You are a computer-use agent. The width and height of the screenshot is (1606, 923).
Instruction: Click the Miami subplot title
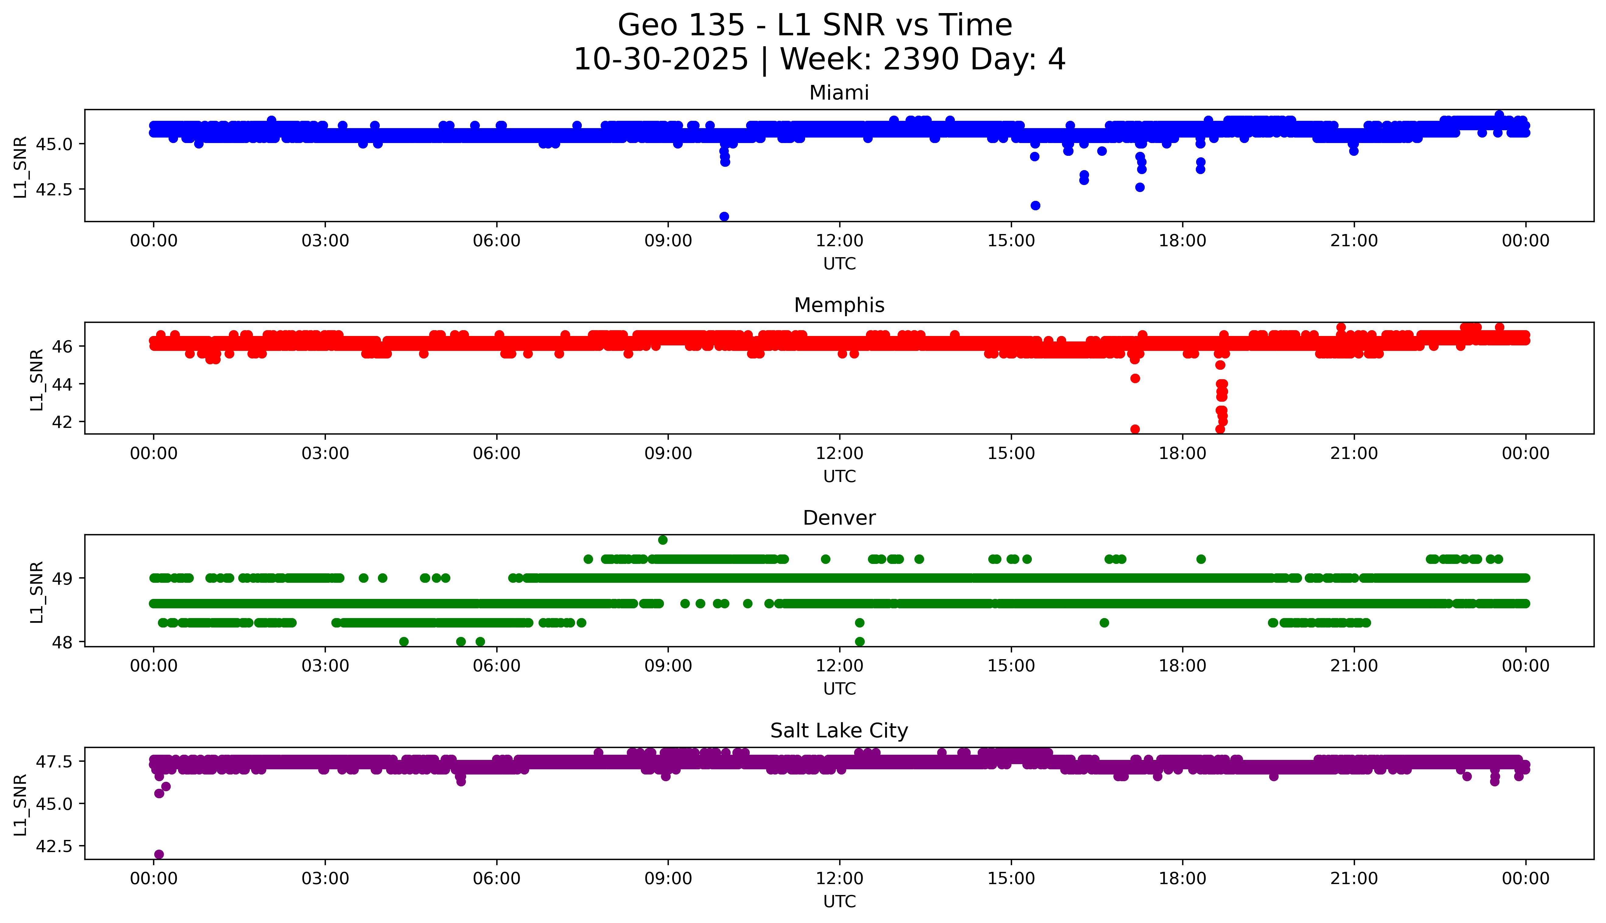click(x=839, y=93)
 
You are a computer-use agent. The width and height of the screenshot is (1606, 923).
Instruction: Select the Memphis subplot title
click(x=839, y=306)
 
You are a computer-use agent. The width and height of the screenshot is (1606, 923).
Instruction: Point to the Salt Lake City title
click(x=839, y=731)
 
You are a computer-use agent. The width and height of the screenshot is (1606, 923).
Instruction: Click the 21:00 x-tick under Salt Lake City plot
click(x=1354, y=879)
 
